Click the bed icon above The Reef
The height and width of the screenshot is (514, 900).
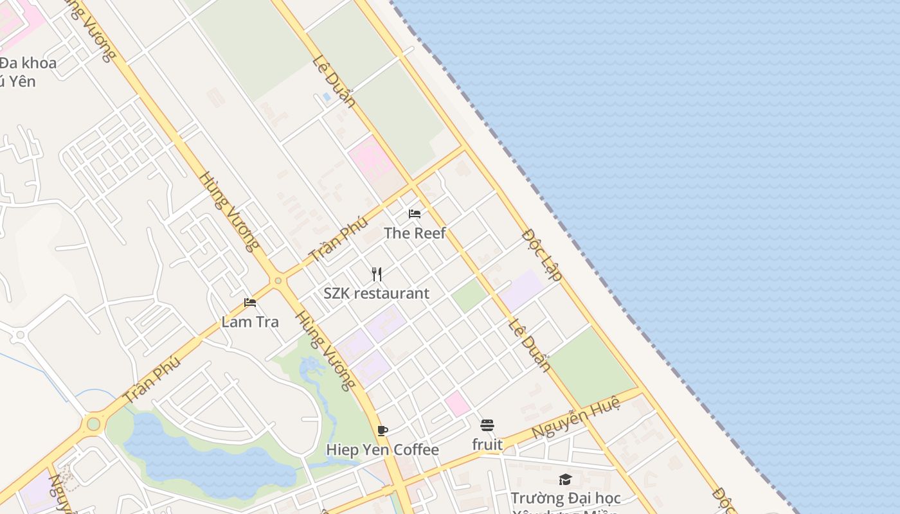point(415,213)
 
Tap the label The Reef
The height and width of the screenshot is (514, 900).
point(415,233)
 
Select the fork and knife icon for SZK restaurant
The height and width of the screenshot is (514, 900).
point(377,274)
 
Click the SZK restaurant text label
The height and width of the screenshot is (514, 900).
point(376,294)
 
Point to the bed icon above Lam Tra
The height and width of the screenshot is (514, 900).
point(250,303)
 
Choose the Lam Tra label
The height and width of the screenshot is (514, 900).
point(250,322)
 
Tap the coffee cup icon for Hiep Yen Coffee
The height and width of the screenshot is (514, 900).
point(382,430)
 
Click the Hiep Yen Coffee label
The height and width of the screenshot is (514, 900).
point(382,450)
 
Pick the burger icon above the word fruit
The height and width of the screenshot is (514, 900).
point(487,425)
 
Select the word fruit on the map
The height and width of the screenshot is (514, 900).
point(487,444)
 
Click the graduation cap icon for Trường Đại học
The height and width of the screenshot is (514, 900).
point(566,479)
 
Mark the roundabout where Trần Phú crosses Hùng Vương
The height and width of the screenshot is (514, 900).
point(278,281)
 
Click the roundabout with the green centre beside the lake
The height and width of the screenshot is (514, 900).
point(94,424)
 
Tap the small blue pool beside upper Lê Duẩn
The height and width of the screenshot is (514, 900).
point(327,98)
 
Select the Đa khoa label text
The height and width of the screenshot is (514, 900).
point(28,63)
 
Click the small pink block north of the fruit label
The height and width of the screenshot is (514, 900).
point(457,403)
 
